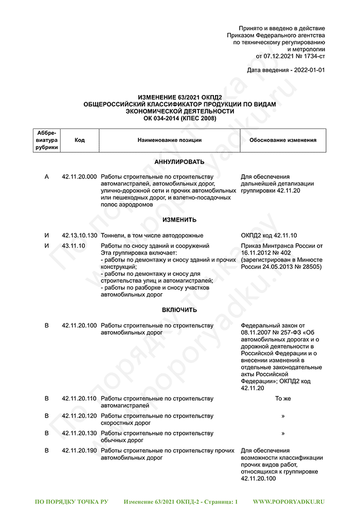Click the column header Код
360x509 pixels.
coord(80,140)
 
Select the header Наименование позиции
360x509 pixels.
coord(169,140)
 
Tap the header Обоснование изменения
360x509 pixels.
coord(282,140)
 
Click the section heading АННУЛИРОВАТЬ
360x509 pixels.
coord(179,162)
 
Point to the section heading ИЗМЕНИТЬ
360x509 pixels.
coord(179,220)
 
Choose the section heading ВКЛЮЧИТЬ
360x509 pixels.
coord(179,310)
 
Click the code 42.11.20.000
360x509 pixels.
coord(79,177)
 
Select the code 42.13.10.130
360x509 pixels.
coord(79,235)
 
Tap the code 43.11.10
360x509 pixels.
coord(73,246)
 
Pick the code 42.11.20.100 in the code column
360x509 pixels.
coord(79,326)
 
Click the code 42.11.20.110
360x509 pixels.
coord(79,399)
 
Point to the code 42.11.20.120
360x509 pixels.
coord(79,416)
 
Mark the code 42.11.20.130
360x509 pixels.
coord(79,433)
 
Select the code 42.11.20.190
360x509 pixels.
coord(79,451)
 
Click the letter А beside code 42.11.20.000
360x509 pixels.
coord(47,177)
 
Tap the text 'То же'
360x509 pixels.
coord(283,399)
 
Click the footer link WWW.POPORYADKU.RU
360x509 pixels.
coord(289,501)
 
